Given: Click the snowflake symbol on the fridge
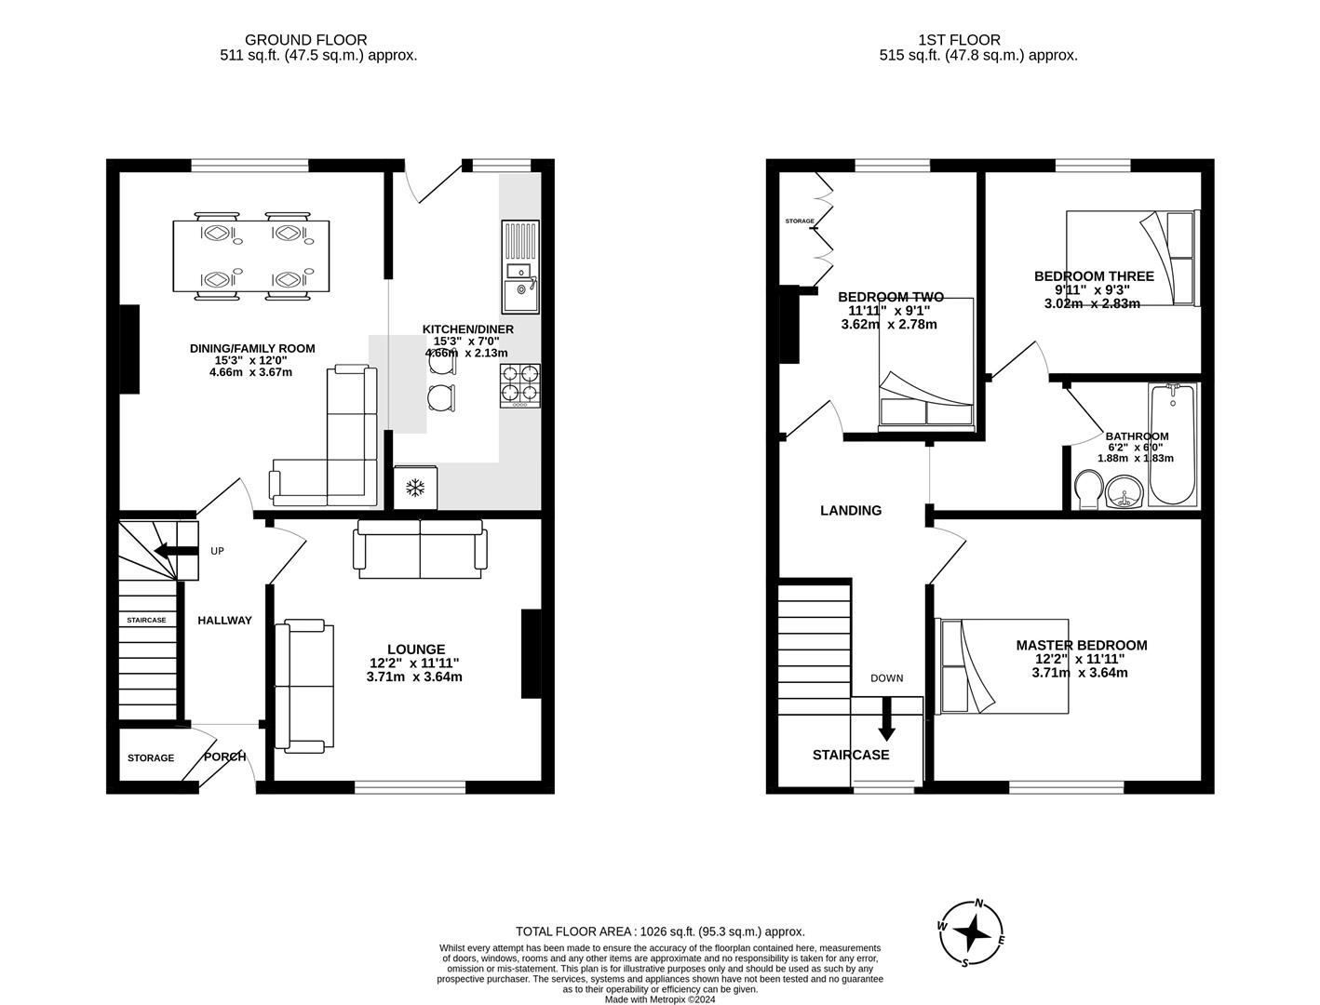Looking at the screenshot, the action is [x=414, y=488].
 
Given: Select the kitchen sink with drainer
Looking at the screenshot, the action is [x=520, y=266].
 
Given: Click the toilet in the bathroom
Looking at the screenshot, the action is [x=1088, y=489].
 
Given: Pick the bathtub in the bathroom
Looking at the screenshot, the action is [x=1172, y=444].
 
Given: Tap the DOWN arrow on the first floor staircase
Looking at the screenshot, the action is [x=886, y=719].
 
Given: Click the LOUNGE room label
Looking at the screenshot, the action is [x=416, y=650].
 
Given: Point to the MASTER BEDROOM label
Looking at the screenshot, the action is [x=1082, y=645].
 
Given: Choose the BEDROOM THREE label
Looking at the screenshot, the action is [x=1094, y=275].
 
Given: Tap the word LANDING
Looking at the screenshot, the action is [x=851, y=510].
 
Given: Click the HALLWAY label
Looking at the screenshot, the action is [x=225, y=621].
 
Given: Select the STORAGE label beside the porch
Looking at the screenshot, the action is [x=151, y=758].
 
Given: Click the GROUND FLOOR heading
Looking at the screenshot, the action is [x=305, y=40].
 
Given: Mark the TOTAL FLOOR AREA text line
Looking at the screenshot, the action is [x=660, y=931].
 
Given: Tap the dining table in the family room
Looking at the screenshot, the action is [x=251, y=256].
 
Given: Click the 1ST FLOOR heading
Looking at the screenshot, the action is [x=959, y=40].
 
